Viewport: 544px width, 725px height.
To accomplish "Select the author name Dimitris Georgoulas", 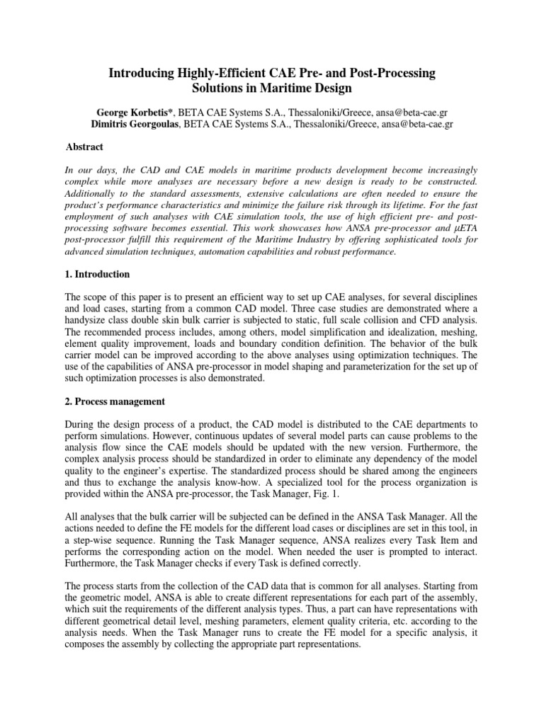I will click(x=132, y=124).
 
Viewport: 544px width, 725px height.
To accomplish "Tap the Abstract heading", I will click(x=84, y=147).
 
